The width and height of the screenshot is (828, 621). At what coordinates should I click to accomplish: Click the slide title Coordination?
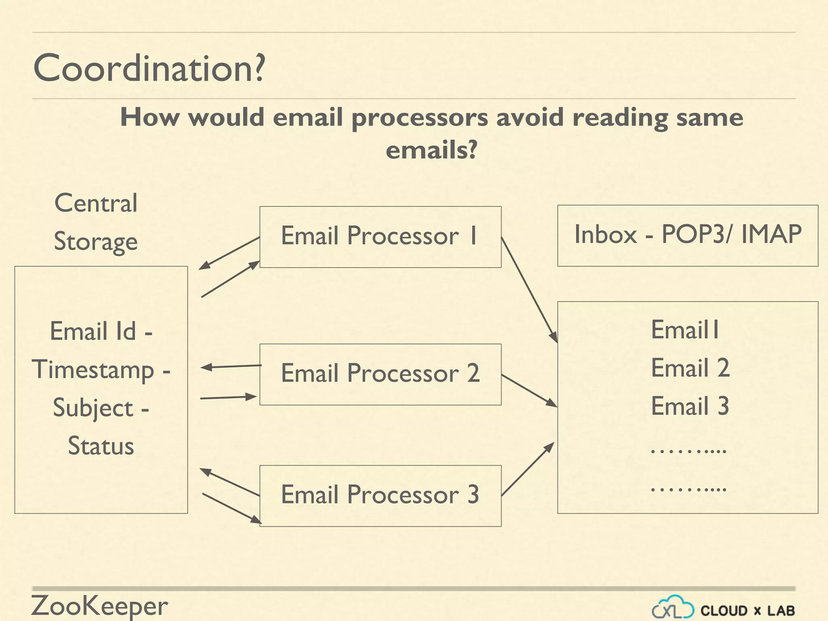click(x=149, y=68)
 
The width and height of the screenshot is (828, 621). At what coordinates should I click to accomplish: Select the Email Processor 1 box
click(x=380, y=237)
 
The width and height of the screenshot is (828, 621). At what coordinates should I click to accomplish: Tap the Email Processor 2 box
click(x=380, y=374)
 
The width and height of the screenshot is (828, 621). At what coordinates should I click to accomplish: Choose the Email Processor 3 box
click(x=380, y=495)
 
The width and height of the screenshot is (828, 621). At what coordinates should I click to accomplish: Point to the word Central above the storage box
click(x=96, y=203)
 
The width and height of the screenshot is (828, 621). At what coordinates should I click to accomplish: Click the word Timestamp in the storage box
click(x=93, y=370)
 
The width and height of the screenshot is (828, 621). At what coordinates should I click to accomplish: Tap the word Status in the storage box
click(x=101, y=446)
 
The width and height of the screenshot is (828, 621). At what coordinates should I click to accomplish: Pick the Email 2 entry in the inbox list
click(x=690, y=368)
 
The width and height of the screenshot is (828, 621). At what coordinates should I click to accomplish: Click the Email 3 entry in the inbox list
click(x=690, y=406)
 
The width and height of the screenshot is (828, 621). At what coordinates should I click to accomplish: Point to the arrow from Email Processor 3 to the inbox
click(x=528, y=469)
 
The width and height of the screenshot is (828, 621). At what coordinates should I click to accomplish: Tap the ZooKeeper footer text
click(x=99, y=606)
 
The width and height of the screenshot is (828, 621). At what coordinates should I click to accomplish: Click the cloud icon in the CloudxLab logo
click(x=673, y=607)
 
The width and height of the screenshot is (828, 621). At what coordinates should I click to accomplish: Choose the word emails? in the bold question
click(x=431, y=150)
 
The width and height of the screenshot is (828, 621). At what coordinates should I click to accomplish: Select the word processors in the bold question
click(x=420, y=118)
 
